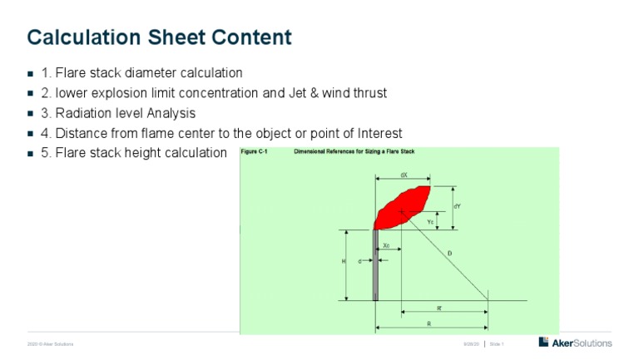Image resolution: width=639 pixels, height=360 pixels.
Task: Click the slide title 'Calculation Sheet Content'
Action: (x=159, y=37)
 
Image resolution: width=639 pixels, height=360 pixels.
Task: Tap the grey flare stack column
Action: (x=376, y=265)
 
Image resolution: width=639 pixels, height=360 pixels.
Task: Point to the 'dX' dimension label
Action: (x=404, y=175)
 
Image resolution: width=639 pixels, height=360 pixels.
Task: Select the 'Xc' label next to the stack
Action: (x=387, y=245)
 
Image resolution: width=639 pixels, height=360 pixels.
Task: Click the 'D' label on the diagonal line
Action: (x=449, y=253)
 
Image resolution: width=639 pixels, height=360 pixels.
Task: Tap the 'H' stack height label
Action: (x=344, y=261)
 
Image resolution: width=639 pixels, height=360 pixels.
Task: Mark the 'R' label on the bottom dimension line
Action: (x=428, y=323)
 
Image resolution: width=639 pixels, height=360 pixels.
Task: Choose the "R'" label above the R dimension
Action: (x=439, y=308)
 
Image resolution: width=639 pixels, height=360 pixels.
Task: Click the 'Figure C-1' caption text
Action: (x=254, y=152)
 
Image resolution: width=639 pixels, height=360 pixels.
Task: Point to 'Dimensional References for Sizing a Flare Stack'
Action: (x=354, y=152)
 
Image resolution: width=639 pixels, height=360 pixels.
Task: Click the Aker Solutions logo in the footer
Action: (x=575, y=343)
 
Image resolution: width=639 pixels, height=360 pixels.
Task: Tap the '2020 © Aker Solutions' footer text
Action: (x=50, y=343)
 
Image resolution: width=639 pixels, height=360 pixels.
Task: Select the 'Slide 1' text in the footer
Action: (x=497, y=343)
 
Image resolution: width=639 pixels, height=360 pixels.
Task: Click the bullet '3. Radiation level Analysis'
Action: (x=118, y=113)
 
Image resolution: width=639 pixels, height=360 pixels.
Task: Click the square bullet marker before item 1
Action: (x=30, y=74)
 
